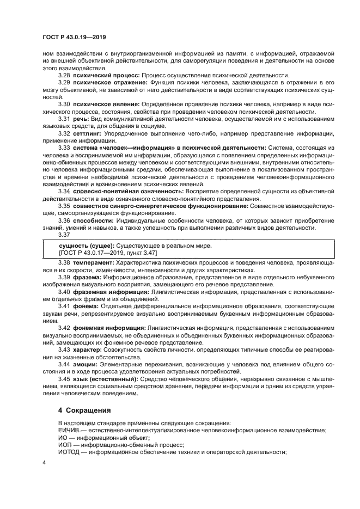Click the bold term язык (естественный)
pos(105,378)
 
